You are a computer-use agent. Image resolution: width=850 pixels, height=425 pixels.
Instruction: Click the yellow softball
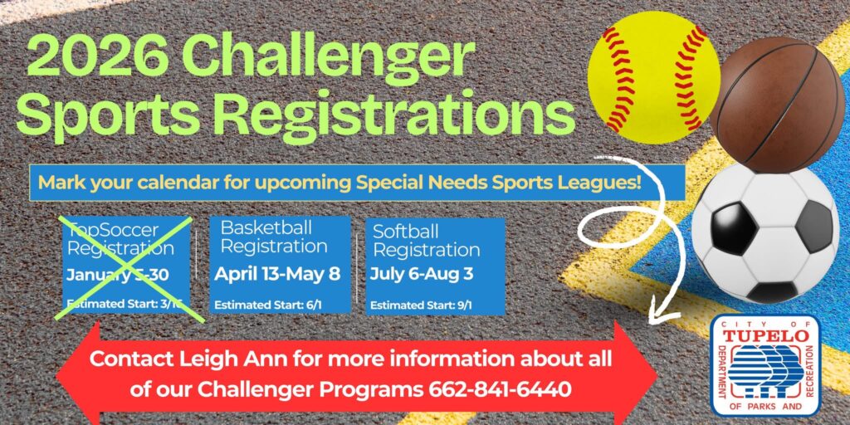click(654, 76)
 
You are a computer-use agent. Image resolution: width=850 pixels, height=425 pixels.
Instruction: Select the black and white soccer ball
click(765, 232)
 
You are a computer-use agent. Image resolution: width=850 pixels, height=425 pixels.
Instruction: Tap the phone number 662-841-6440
click(501, 389)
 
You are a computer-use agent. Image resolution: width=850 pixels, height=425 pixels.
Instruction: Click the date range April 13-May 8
click(277, 274)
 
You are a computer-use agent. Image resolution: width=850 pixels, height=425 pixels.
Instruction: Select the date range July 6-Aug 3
click(422, 274)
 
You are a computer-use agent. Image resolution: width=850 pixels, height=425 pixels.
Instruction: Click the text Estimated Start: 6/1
click(268, 305)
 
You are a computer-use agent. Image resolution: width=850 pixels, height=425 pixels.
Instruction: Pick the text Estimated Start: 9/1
click(421, 305)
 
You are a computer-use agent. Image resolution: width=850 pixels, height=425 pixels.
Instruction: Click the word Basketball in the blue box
click(266, 227)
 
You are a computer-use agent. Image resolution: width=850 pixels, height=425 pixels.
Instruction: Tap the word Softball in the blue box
click(405, 232)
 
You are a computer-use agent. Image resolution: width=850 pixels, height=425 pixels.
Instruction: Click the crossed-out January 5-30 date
click(117, 275)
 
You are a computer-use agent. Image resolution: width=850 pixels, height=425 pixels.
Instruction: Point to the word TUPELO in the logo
click(766, 336)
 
